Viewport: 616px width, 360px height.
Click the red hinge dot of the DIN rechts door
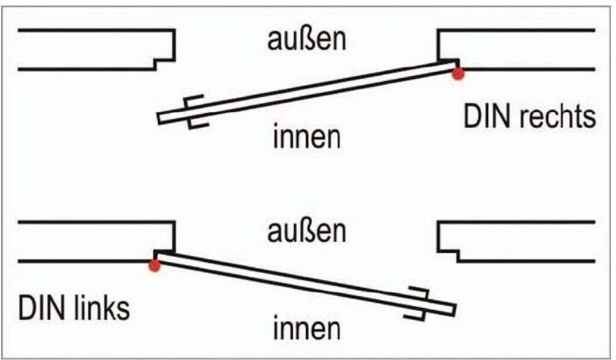458,73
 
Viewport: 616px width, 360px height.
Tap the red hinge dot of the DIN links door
155,265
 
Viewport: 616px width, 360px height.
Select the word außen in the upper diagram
307,40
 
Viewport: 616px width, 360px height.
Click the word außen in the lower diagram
307,232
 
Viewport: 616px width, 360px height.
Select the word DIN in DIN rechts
482,117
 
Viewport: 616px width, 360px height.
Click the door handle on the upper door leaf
196,111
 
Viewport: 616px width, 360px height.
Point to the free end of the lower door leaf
452,309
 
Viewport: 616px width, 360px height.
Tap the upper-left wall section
90,49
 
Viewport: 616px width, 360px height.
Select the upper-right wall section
523,49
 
